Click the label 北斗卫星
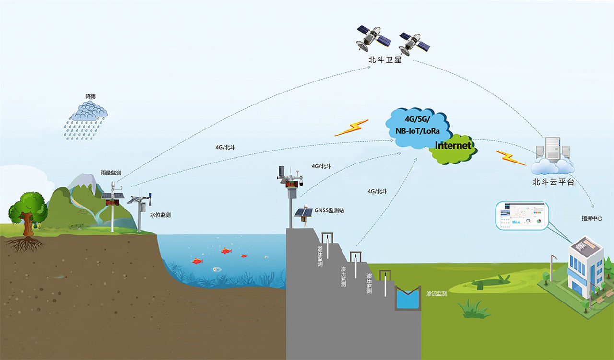384,60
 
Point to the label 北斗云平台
553,182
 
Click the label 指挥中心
592,218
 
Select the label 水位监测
160,215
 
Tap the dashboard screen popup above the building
522,215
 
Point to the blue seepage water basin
407,299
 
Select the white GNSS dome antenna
301,212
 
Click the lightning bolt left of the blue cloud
352,128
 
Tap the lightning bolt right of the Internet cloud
510,157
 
